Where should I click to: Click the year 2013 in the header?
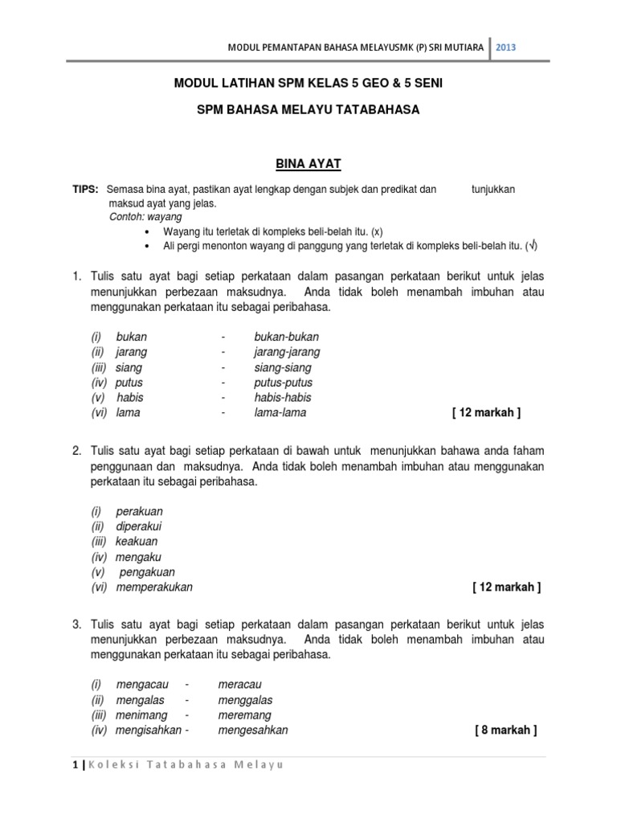(505, 47)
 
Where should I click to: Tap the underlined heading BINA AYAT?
(308, 164)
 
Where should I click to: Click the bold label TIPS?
(85, 189)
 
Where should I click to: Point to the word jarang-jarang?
(287, 352)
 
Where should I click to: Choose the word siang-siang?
(283, 367)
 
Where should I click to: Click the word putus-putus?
(284, 383)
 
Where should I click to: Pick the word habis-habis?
(283, 397)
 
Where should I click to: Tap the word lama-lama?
(280, 412)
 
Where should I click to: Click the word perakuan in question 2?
(140, 511)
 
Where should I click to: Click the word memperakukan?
(154, 587)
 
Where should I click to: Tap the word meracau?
(239, 685)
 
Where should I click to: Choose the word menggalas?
(245, 700)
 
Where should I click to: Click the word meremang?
(244, 715)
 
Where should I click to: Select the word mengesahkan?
(253, 731)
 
